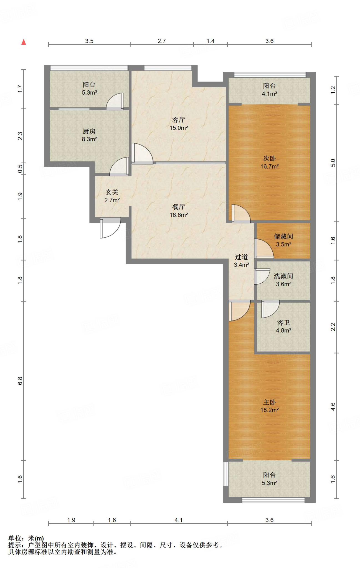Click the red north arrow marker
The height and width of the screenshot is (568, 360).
click(x=24, y=42)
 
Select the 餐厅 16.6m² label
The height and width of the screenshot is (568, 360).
click(x=179, y=211)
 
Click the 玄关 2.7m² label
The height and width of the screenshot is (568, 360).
click(x=112, y=196)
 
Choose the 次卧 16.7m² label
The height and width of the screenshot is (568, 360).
click(x=269, y=162)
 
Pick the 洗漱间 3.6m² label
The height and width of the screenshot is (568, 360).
click(x=283, y=280)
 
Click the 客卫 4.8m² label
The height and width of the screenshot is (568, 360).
click(x=283, y=326)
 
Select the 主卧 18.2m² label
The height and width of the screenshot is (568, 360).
click(x=269, y=406)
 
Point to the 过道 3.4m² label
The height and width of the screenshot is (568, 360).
click(x=241, y=261)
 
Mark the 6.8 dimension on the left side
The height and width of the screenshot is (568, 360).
click(x=20, y=381)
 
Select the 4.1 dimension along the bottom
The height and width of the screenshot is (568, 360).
click(x=179, y=520)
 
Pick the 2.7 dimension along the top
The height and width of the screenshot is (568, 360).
click(x=162, y=41)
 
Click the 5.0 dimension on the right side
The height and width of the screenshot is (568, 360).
click(x=333, y=163)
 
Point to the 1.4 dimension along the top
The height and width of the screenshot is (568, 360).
click(x=211, y=41)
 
